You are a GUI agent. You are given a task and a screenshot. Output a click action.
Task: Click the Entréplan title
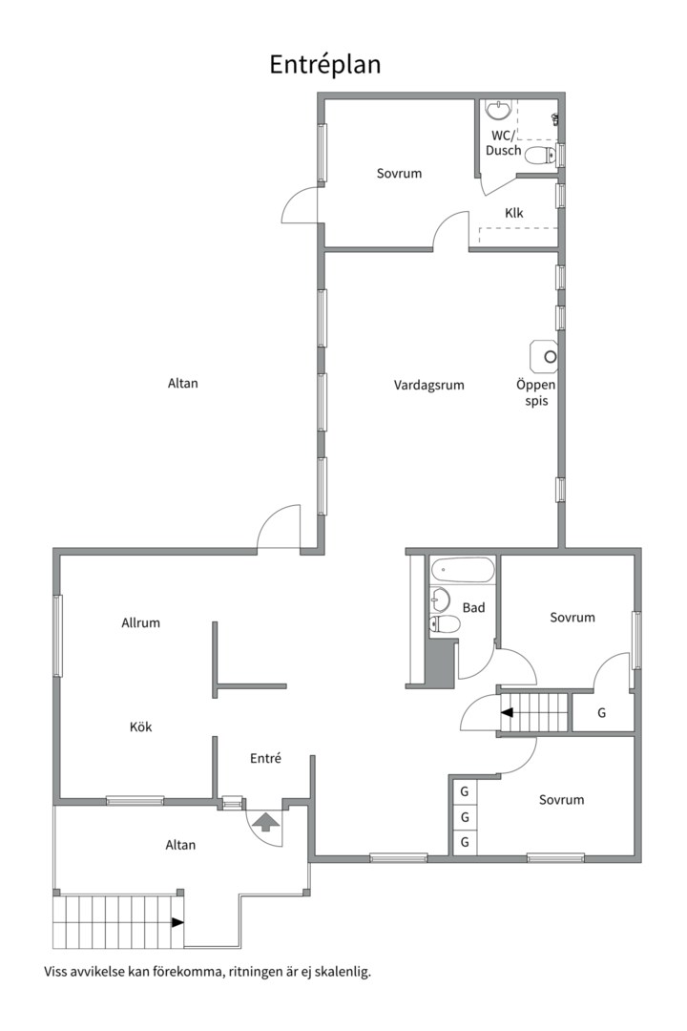[x=325, y=65]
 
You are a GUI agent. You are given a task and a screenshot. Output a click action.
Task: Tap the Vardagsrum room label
[x=428, y=386]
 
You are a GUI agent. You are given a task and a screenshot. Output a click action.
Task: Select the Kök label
[x=140, y=726]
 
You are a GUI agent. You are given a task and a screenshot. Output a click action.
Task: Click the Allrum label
[x=140, y=622]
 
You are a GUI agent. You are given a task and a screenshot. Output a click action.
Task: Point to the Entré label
[x=265, y=758]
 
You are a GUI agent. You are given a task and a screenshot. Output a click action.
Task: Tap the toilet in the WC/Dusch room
[x=540, y=157]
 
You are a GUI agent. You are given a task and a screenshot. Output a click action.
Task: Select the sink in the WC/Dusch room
[x=500, y=110]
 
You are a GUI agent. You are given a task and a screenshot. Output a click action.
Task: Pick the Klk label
[x=514, y=213]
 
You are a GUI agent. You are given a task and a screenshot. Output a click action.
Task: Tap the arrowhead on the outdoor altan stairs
[x=177, y=922]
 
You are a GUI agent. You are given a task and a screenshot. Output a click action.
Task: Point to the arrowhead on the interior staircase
[x=507, y=712]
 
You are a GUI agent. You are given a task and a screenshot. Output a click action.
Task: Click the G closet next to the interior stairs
[x=601, y=713]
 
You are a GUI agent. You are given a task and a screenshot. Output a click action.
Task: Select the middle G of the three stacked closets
[x=464, y=817]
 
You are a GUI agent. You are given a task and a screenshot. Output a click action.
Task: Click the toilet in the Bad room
[x=444, y=623]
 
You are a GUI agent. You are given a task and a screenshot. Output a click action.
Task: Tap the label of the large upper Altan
[x=183, y=384]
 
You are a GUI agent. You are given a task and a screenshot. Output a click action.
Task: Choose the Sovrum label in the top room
[x=399, y=174]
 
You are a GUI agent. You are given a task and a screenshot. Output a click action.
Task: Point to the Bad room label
[x=473, y=607]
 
